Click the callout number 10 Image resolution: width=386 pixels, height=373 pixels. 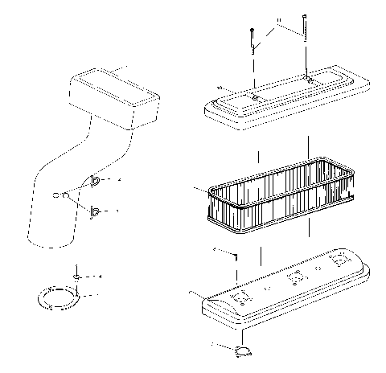pyautogui.click(x=218, y=87)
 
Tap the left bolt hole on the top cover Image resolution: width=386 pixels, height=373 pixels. pyautogui.click(x=253, y=96)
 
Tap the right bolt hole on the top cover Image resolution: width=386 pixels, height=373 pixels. pyautogui.click(x=309, y=79)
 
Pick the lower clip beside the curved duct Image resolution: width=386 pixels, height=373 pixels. pyautogui.click(x=96, y=212)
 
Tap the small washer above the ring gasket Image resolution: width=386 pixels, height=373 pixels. pyautogui.click(x=76, y=276)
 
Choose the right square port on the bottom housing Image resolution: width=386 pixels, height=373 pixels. pyautogui.click(x=340, y=260)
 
